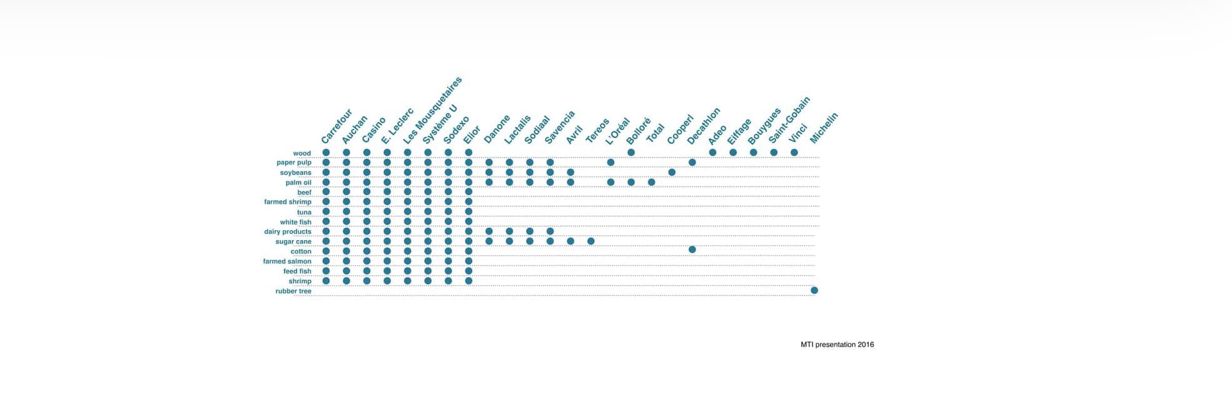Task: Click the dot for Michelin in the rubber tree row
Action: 814,290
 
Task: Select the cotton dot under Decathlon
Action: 692,250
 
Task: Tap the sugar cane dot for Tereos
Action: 591,241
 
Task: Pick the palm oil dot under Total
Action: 652,182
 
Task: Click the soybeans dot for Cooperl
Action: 672,172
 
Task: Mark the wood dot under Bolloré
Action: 631,152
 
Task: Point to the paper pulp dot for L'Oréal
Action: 611,162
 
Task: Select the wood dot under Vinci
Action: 794,152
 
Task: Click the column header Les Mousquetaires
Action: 433,110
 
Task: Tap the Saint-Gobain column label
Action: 789,119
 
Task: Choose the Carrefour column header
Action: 337,126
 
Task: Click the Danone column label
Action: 497,129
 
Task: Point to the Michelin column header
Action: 824,128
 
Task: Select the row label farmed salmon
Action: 287,261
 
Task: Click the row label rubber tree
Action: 293,291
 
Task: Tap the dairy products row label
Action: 288,231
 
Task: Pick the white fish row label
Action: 296,222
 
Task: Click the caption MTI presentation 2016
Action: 837,345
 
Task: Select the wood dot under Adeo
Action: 712,152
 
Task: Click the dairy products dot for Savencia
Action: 550,231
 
